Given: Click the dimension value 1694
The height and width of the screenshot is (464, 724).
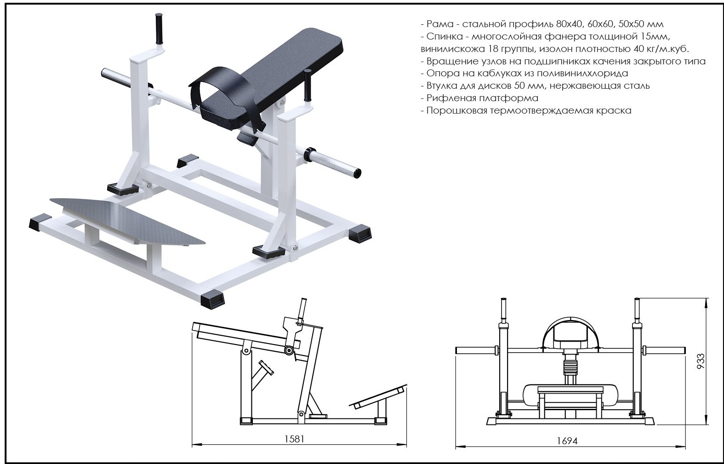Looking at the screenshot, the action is [567, 441].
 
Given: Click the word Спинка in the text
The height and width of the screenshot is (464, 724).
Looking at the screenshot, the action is [443, 36].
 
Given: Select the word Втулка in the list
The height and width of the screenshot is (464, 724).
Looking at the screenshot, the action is [443, 86].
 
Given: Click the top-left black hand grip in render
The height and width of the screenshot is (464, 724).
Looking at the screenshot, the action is [159, 29].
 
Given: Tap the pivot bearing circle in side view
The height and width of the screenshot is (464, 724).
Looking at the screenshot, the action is [289, 351].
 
